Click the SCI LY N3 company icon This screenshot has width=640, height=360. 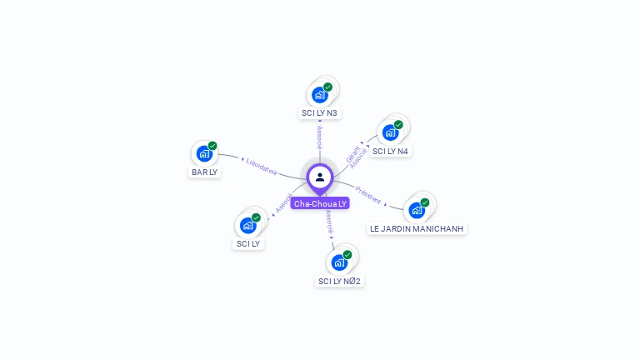click(x=320, y=94)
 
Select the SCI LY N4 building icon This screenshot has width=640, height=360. click(x=390, y=132)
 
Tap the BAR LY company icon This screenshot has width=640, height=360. click(x=204, y=153)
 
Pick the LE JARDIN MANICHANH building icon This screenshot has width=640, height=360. click(x=417, y=210)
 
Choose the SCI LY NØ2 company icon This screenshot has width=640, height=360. click(x=339, y=262)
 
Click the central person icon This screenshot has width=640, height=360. click(x=320, y=177)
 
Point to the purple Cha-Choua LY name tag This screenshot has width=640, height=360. click(x=320, y=203)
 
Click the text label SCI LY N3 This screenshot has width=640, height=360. click(x=320, y=112)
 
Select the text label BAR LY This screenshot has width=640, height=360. click(x=204, y=172)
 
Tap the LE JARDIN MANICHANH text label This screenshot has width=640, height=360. click(x=417, y=228)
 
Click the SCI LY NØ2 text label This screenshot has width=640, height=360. click(x=340, y=281)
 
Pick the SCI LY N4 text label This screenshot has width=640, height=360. click(x=390, y=151)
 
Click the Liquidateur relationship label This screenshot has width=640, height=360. click(x=262, y=166)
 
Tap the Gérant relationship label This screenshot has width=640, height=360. click(x=352, y=154)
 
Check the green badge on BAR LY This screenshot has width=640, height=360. click(x=212, y=146)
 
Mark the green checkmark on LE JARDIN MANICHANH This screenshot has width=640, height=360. click(x=425, y=202)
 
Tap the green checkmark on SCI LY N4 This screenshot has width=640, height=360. click(x=398, y=125)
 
